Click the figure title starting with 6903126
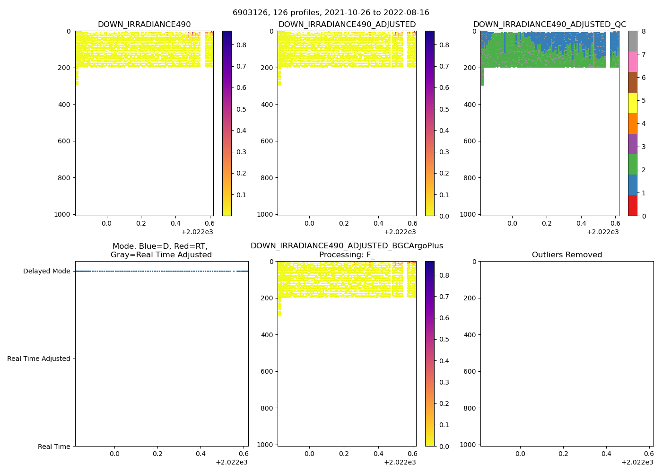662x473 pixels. point(331,13)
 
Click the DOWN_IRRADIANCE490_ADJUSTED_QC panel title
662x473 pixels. point(549,25)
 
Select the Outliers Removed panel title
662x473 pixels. point(567,255)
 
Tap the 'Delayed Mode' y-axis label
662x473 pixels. point(46,272)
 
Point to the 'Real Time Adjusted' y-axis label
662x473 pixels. point(39,359)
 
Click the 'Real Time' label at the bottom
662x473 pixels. point(54,447)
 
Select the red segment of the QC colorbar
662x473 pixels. point(632,206)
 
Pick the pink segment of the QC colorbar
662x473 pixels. point(632,61)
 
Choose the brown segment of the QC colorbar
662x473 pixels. point(632,82)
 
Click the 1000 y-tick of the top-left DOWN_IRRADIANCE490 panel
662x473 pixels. point(62,214)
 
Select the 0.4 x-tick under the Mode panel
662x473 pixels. point(200,454)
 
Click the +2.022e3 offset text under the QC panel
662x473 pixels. point(602,232)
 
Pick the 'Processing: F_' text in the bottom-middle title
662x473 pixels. point(347,255)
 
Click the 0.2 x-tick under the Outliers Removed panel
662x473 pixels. point(563,454)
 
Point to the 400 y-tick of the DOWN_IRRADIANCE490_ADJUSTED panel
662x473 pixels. point(267,105)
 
